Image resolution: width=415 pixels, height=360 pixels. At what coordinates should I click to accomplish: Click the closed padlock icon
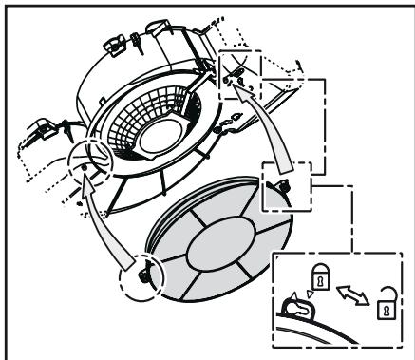point(320,281)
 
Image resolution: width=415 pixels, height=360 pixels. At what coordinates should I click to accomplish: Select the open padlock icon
point(387,310)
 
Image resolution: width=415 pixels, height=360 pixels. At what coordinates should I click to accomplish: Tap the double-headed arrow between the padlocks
point(352,294)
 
